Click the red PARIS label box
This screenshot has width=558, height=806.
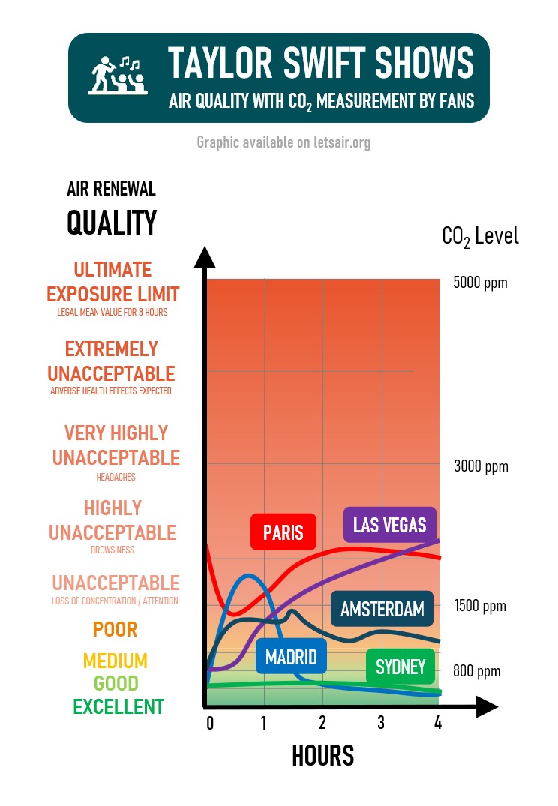tap(283, 532)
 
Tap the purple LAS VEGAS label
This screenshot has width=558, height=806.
tap(389, 524)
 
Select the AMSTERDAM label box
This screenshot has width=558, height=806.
tap(382, 609)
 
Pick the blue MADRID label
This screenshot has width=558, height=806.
tap(291, 658)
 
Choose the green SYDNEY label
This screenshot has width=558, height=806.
tap(400, 666)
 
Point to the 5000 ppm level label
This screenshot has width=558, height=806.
tap(481, 283)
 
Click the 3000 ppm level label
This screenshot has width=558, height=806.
tap(481, 466)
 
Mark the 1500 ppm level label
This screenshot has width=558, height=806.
tap(481, 606)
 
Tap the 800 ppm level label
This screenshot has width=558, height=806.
tap(476, 672)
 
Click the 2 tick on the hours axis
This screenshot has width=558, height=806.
tap(322, 723)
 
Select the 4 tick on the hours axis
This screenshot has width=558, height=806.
tap(438, 723)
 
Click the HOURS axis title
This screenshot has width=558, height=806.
tap(322, 756)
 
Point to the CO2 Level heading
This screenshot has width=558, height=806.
tap(480, 237)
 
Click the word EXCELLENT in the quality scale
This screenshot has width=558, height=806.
tap(118, 706)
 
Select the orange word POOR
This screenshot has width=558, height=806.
tap(115, 629)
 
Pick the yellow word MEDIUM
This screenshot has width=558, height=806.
tap(115, 661)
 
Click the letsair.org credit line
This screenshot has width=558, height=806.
tap(283, 142)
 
